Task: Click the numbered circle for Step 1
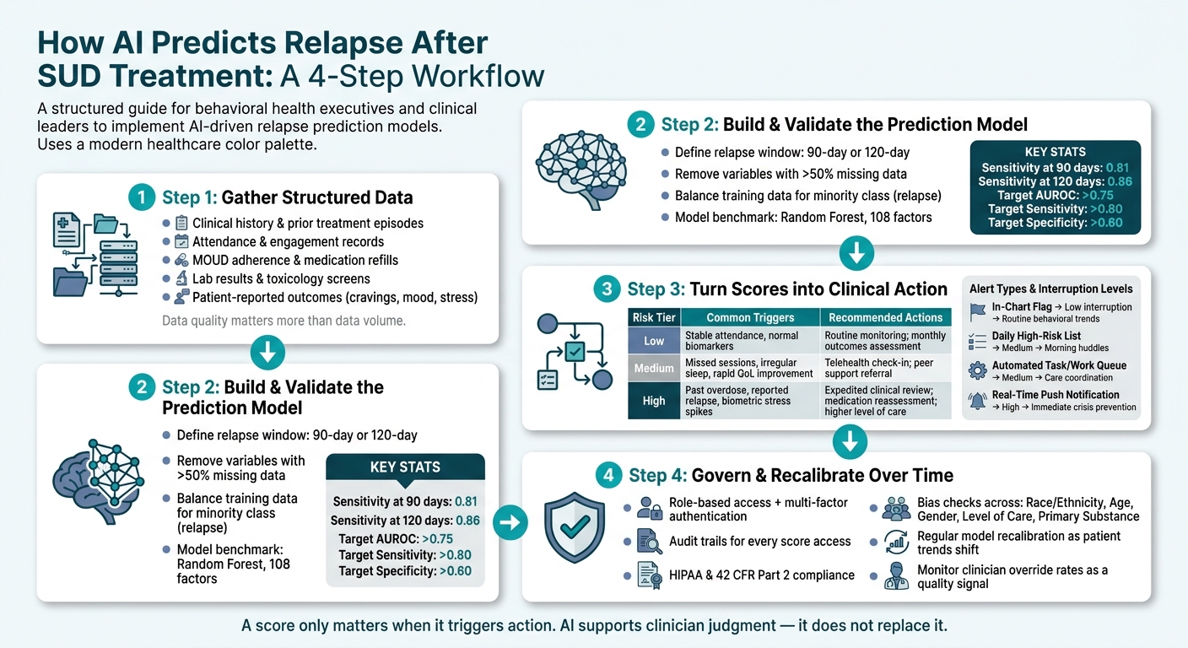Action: click(x=142, y=197)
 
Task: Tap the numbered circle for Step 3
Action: click(x=607, y=289)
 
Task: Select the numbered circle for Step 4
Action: click(x=608, y=475)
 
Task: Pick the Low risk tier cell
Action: click(x=654, y=340)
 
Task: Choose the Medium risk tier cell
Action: click(x=654, y=368)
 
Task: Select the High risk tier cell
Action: click(x=654, y=401)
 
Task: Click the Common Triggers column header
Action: click(x=750, y=317)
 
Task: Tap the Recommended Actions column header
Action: click(x=886, y=317)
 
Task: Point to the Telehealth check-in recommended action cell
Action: click(x=886, y=368)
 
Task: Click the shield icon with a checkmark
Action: click(x=575, y=527)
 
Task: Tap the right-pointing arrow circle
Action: click(x=510, y=522)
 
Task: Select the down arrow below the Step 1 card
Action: click(x=267, y=352)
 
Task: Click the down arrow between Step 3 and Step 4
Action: click(x=850, y=441)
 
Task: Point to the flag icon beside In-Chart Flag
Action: click(x=977, y=312)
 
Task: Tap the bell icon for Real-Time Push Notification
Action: click(x=977, y=401)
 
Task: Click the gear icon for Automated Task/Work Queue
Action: click(x=977, y=370)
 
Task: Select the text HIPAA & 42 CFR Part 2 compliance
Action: click(x=762, y=575)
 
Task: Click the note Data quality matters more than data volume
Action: click(x=283, y=321)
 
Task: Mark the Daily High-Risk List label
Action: click(x=1036, y=336)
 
